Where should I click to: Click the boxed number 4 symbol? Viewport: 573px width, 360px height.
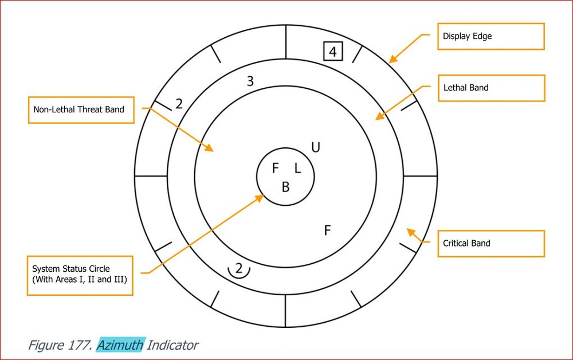coord(333,52)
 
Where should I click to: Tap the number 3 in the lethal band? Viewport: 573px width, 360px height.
coord(250,81)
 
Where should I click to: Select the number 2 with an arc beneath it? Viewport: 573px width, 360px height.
coord(239,270)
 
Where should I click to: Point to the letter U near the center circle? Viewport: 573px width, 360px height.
coord(316,147)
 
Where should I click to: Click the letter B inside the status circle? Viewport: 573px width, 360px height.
coord(286,187)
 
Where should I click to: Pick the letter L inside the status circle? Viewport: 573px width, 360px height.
coord(297,168)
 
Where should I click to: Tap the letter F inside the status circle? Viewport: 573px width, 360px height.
coord(276,168)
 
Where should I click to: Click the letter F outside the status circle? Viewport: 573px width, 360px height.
coord(327,230)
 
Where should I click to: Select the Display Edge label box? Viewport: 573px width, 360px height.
coord(491,36)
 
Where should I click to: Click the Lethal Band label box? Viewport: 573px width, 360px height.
coord(492,88)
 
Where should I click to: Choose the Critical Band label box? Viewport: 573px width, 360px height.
coord(491,244)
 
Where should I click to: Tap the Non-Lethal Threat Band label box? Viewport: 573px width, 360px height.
coord(81,110)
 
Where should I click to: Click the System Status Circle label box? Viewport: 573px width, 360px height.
coord(80,276)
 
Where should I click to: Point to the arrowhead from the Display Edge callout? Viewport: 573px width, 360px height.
coord(392,60)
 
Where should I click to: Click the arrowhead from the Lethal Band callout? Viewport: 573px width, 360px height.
coord(379,116)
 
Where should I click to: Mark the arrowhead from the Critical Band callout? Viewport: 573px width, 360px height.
coord(411,232)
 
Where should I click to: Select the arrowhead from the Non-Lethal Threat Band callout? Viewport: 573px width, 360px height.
coord(209,148)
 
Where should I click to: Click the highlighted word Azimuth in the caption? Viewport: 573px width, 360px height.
coord(121,345)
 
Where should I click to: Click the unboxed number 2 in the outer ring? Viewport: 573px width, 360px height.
coord(179,104)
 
